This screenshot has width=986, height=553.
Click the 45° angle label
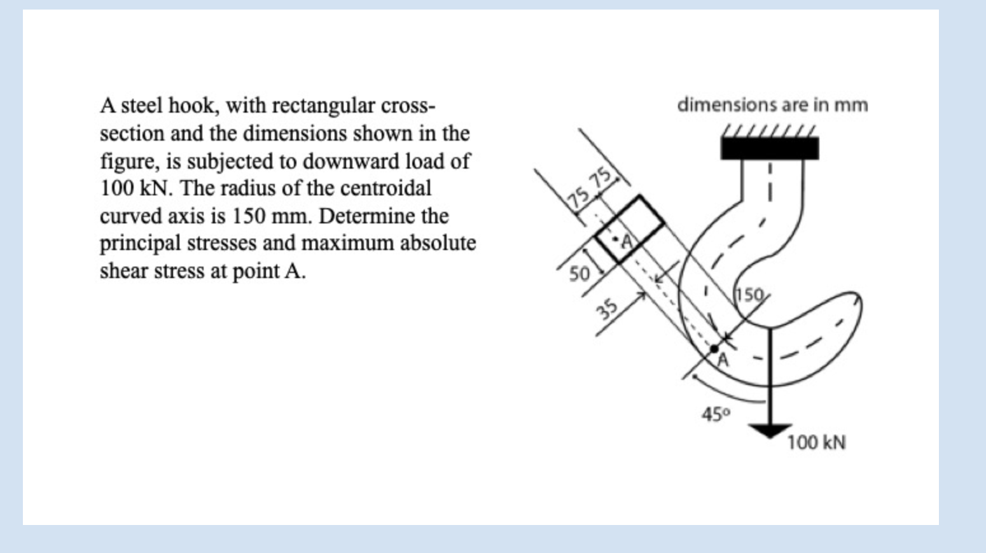tap(716, 414)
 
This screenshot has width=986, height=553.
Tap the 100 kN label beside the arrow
tap(816, 442)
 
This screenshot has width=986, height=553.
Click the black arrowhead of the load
tap(770, 431)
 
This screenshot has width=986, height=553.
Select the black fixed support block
tap(770, 148)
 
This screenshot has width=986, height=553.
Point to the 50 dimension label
tap(579, 274)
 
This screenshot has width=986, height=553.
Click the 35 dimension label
tap(607, 309)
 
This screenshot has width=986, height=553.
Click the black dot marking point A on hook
tap(714, 349)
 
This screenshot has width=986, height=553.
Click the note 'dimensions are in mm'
tap(772, 104)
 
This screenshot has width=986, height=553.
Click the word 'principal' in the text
tap(140, 243)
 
